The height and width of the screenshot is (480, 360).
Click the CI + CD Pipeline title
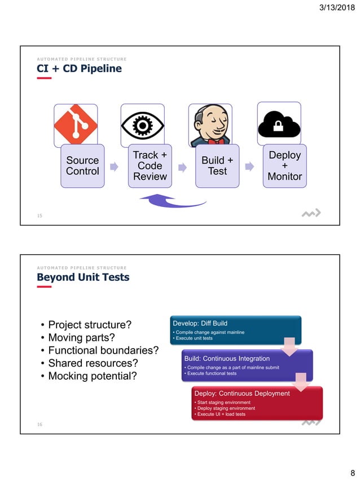pyautogui.click(x=79, y=69)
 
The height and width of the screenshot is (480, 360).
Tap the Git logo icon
pyautogui.click(x=76, y=125)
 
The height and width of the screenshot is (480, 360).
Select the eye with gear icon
pyautogui.click(x=143, y=125)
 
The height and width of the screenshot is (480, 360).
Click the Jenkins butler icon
pyautogui.click(x=210, y=125)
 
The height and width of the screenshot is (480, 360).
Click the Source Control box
pyautogui.click(x=82, y=166)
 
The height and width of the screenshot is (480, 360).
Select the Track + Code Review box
pyautogui.click(x=150, y=166)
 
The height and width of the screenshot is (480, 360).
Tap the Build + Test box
pyautogui.click(x=217, y=166)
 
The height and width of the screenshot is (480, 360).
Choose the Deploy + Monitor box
pyautogui.click(x=284, y=166)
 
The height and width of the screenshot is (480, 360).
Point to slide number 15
pyautogui.click(x=39, y=215)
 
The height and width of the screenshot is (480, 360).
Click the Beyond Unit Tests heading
pyautogui.click(x=83, y=277)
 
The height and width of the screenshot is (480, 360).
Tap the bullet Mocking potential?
pyautogui.click(x=92, y=375)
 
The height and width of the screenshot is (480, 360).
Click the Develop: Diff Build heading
pyautogui.click(x=200, y=323)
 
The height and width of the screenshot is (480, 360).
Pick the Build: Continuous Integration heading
pyautogui.click(x=227, y=358)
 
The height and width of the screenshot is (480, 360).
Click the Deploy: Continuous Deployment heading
pyautogui.click(x=242, y=393)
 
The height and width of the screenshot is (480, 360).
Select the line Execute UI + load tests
pyautogui.click(x=220, y=415)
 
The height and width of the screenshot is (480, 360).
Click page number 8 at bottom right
pyautogui.click(x=352, y=472)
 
